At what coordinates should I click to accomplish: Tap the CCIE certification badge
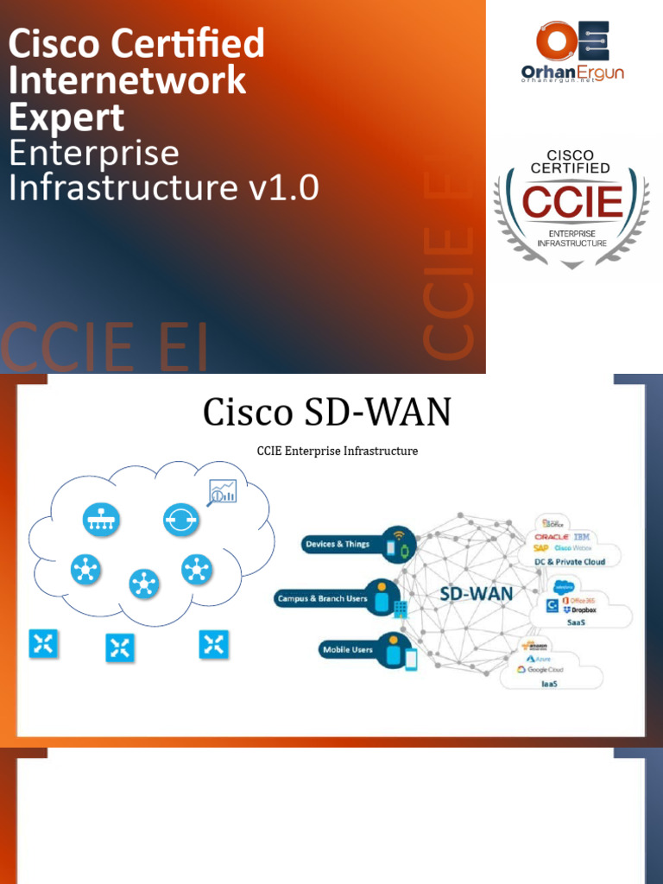click(x=571, y=205)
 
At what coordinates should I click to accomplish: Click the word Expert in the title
click(x=66, y=118)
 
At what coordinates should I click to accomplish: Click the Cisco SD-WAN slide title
click(x=326, y=413)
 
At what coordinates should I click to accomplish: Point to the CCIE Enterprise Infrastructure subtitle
click(x=338, y=451)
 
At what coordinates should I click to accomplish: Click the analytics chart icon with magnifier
click(x=222, y=492)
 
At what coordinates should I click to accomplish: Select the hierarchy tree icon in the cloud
click(x=101, y=519)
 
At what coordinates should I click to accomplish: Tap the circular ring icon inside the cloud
click(x=180, y=519)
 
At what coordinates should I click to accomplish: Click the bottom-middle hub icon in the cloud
click(x=143, y=584)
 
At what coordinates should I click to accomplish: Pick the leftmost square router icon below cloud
click(x=42, y=643)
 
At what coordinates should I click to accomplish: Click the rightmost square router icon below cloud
click(x=213, y=643)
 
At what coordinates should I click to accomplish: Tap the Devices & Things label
click(x=338, y=545)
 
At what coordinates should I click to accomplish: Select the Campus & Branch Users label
click(x=321, y=598)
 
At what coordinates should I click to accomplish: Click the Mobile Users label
click(x=347, y=649)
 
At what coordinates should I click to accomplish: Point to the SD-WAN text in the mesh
click(x=477, y=594)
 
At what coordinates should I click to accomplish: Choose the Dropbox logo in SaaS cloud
click(x=580, y=610)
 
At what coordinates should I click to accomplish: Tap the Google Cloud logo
click(x=540, y=670)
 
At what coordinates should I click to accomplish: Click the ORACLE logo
click(x=552, y=537)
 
